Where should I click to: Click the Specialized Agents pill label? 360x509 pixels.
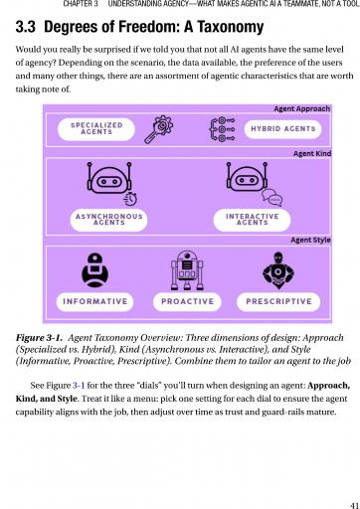click(96, 129)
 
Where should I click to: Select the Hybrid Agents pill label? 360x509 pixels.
click(282, 129)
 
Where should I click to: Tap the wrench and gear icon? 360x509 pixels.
click(159, 129)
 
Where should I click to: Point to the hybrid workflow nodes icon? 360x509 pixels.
click(222, 129)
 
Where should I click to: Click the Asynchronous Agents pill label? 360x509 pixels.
click(109, 220)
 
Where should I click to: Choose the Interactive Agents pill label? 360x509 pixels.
click(252, 220)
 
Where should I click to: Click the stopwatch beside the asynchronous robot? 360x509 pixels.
click(130, 199)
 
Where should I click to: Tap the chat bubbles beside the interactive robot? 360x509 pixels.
click(272, 198)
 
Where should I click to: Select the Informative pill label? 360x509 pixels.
click(95, 301)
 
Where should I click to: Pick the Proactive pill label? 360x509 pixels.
click(187, 301)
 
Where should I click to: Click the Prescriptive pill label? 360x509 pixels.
click(278, 301)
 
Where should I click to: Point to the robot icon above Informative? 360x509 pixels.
click(94, 270)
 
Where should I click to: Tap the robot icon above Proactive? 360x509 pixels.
click(187, 270)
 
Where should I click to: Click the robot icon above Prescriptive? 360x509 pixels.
click(278, 270)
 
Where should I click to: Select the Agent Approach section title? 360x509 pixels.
click(302, 108)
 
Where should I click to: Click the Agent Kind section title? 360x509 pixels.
click(312, 154)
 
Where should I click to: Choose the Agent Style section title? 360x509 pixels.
click(310, 240)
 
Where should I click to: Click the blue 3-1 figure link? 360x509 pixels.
click(79, 386)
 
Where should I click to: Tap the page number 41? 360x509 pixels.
click(355, 506)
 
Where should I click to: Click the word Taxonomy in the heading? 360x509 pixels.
click(231, 27)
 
